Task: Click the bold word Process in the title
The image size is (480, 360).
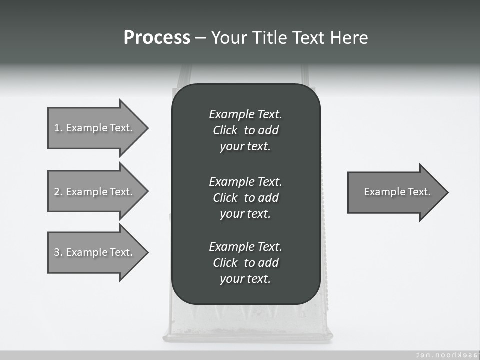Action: tap(157, 38)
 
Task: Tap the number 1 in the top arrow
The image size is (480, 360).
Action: tap(57, 128)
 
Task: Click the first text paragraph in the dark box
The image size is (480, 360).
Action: tap(245, 130)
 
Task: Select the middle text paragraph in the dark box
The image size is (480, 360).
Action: tap(245, 197)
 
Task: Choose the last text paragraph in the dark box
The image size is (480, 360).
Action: tap(245, 263)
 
